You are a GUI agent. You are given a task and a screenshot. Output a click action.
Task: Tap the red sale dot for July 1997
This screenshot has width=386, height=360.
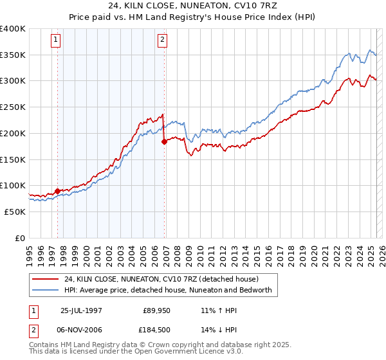tap(58, 190)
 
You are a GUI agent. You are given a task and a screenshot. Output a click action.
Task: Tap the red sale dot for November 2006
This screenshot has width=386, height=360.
tap(164, 141)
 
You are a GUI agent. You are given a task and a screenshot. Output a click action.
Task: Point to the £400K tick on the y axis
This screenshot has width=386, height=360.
tap(13, 29)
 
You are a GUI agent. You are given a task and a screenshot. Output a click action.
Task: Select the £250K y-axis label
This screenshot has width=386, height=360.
tap(13, 107)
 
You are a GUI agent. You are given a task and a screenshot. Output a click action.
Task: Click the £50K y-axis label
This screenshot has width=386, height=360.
tap(15, 212)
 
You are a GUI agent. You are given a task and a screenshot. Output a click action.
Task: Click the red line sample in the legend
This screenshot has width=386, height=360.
tap(46, 279)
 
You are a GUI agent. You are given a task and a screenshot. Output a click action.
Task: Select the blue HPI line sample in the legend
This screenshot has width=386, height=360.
tap(46, 290)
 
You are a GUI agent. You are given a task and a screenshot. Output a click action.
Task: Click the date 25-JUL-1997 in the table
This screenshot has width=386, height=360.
tap(82, 310)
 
